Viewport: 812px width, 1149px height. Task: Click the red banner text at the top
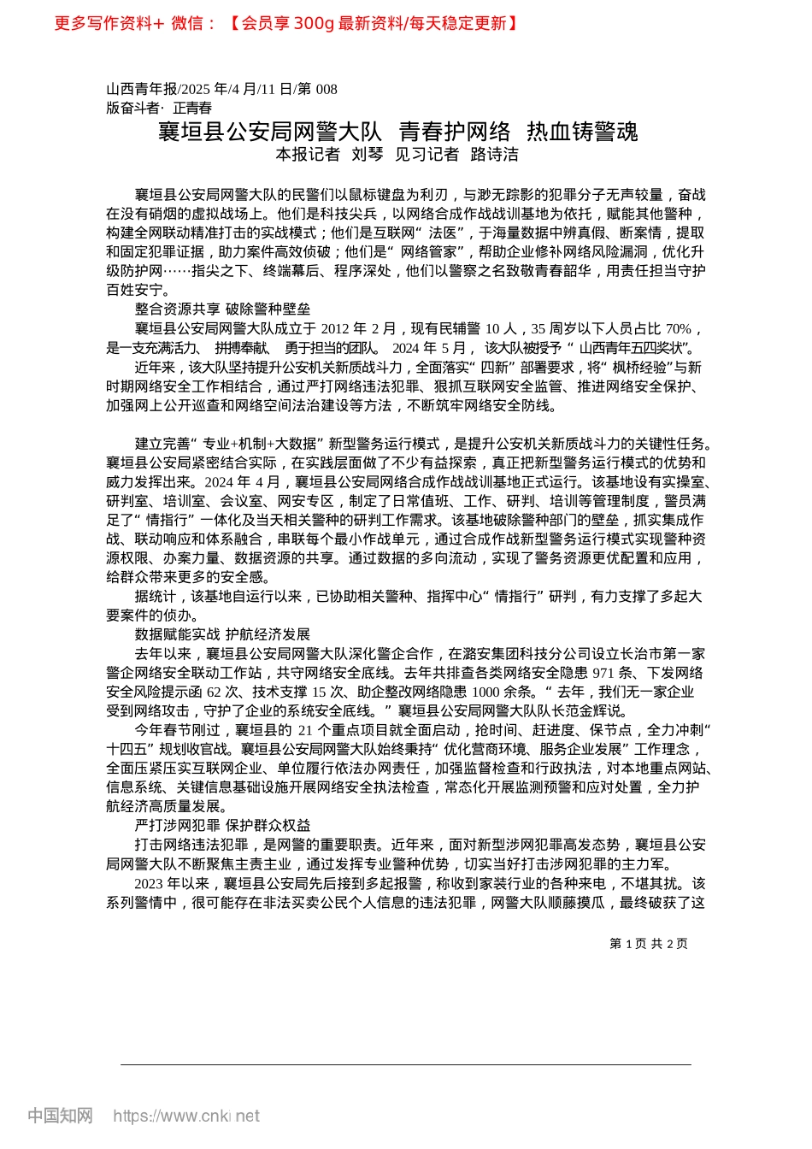coord(286,23)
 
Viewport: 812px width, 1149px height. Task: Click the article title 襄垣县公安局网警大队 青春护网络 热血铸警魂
coord(397,132)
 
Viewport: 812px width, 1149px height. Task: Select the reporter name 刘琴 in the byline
coord(368,155)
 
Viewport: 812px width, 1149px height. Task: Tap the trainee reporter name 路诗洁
coord(495,155)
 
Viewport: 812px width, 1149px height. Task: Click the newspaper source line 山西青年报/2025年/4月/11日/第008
coord(221,89)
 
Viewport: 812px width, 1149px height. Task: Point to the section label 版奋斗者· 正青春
coord(159,108)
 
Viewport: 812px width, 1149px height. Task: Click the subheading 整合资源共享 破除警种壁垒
coord(222,309)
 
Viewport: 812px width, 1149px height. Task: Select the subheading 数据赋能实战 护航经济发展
coord(222,634)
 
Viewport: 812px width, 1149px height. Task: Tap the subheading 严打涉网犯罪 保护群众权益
coord(222,825)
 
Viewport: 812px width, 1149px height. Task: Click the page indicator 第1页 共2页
coord(649,944)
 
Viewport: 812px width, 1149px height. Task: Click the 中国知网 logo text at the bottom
coord(60,1116)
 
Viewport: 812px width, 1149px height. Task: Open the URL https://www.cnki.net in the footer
coord(186,1116)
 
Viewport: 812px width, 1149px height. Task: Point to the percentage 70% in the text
coord(678,328)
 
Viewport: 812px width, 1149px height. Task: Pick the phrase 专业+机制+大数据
coord(258,444)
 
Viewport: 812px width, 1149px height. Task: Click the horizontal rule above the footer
coord(406,1064)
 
